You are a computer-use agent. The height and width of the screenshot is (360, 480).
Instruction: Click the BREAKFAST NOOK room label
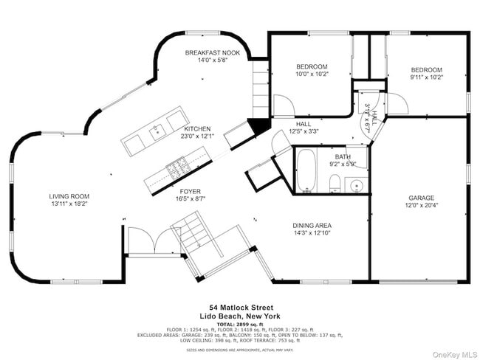coord(212,53)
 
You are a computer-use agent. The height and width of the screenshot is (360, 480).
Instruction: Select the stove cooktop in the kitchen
coord(177,169)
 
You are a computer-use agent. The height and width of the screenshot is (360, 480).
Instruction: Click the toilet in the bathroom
coord(335,183)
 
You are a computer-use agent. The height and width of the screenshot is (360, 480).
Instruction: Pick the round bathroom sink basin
coord(355,184)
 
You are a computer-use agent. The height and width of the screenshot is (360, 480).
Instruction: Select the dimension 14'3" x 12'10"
coord(311,233)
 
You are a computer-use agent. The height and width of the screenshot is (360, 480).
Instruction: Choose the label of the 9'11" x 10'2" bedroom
coord(426,69)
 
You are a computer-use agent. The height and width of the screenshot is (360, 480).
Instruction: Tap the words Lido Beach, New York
coord(239,315)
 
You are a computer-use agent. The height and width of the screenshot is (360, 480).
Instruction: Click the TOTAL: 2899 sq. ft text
coord(239,323)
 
